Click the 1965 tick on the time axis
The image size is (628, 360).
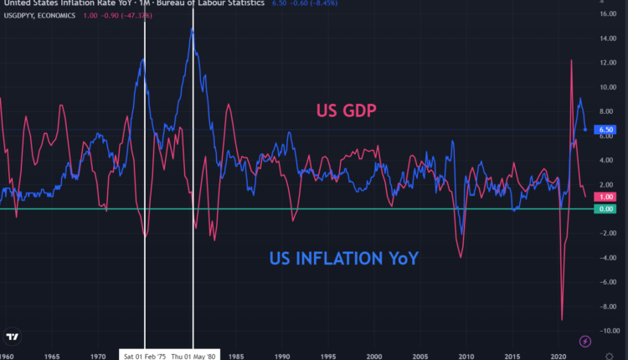coord(53,355)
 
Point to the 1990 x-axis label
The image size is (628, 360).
coord(283,355)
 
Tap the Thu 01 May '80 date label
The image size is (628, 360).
coord(193,355)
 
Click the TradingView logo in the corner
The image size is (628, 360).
coord(12,337)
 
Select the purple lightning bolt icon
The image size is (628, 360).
coord(584,340)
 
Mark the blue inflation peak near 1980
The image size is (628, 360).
coord(193,28)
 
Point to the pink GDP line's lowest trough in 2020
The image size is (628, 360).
coord(562,320)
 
